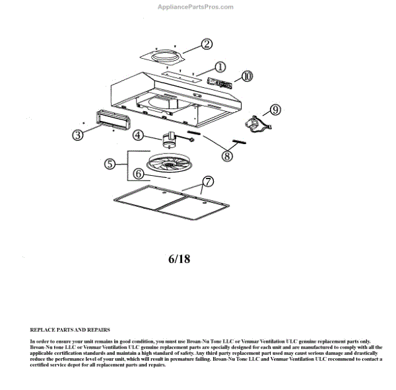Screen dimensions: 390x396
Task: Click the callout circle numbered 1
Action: click(220, 67)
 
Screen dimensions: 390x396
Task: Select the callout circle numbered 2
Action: click(207, 44)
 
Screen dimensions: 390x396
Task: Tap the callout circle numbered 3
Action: click(78, 135)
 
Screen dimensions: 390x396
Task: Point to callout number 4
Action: click(139, 135)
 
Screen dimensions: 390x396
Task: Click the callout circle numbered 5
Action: click(111, 163)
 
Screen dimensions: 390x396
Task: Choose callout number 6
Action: click(139, 174)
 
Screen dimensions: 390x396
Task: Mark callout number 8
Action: click(227, 156)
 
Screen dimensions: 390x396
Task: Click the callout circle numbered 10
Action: click(246, 76)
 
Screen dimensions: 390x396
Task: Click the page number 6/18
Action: click(179, 258)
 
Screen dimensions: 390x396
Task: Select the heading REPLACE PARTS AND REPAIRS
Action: click(70, 329)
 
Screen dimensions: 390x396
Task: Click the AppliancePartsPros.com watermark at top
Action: click(195, 7)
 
